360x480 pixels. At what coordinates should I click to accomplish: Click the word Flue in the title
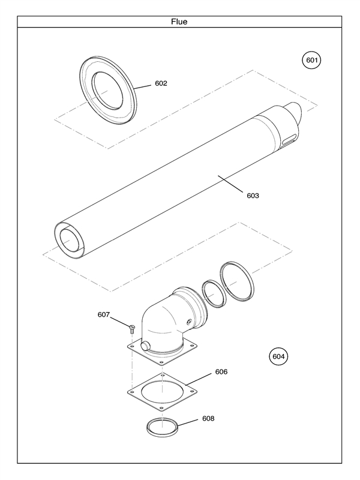coord(179,22)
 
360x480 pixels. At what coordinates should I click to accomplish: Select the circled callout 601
coord(311,60)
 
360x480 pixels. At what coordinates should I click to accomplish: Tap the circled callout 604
coord(278,356)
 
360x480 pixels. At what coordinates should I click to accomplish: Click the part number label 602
coord(161,83)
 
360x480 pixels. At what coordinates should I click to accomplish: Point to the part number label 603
coord(253,195)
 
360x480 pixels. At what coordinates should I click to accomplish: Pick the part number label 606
coord(221,372)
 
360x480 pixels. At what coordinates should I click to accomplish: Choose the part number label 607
coord(104,314)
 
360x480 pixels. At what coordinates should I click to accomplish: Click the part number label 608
coord(208,418)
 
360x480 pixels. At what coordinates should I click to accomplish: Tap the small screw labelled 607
coord(131,327)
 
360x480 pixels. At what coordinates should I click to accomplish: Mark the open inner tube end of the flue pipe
coord(71,239)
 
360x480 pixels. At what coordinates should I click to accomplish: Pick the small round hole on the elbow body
coord(189,323)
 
